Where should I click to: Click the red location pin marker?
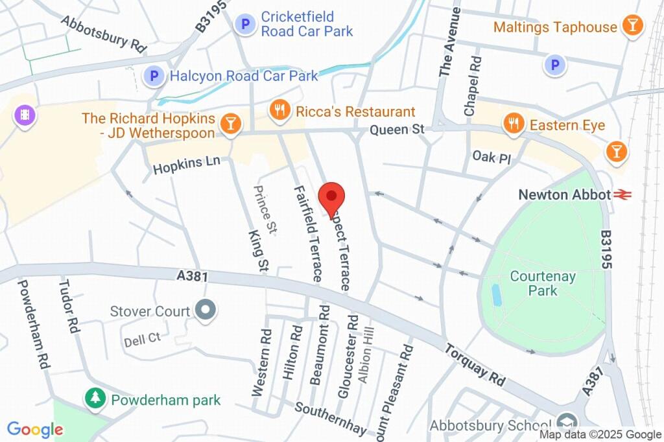(x=332, y=196)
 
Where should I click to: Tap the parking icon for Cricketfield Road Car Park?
(x=245, y=25)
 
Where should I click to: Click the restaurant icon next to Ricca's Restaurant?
(x=280, y=111)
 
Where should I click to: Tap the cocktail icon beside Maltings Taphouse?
(x=631, y=27)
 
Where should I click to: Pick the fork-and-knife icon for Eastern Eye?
(x=514, y=124)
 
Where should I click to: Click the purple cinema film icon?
(x=25, y=116)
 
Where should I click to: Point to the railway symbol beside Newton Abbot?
(x=624, y=194)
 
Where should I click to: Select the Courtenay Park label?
(x=543, y=283)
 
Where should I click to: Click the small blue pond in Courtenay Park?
(x=497, y=295)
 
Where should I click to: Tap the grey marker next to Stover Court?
(x=206, y=311)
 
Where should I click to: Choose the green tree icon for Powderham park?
(x=96, y=399)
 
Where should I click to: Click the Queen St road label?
(x=397, y=130)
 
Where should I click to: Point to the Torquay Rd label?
(x=475, y=365)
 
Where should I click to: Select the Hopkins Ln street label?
(x=187, y=165)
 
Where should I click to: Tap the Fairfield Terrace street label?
(x=307, y=233)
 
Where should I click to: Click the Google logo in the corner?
(x=35, y=429)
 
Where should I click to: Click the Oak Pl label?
(x=488, y=156)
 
